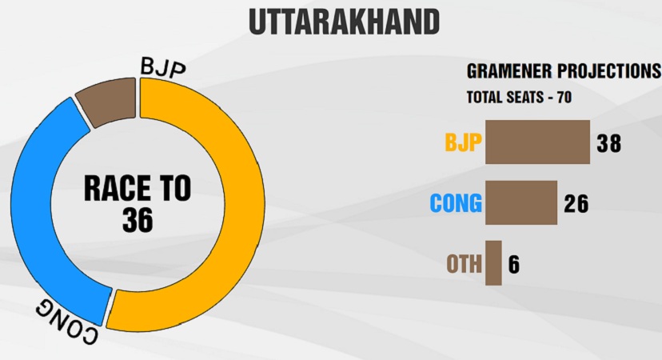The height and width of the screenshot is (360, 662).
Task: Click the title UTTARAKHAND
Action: [344, 22]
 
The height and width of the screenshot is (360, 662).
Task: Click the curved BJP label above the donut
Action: [162, 67]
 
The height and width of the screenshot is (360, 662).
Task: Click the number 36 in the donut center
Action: [138, 220]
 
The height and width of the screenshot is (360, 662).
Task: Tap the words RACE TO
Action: [138, 189]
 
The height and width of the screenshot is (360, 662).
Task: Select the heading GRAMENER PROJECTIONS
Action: [564, 71]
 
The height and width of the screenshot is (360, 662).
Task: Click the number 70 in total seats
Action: [564, 98]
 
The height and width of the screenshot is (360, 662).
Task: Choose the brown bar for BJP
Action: [537, 142]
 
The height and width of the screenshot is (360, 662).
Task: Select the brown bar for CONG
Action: [521, 203]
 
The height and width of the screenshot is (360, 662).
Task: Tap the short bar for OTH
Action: [493, 263]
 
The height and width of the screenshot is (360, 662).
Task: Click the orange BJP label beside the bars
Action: [463, 142]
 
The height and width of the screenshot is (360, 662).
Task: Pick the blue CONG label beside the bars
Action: [456, 203]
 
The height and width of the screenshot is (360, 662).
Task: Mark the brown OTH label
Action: [464, 264]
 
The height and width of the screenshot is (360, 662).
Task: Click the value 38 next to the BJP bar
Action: [608, 143]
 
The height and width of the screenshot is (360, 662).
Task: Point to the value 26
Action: [576, 203]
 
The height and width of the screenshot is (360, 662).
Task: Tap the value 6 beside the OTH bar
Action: [514, 264]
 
